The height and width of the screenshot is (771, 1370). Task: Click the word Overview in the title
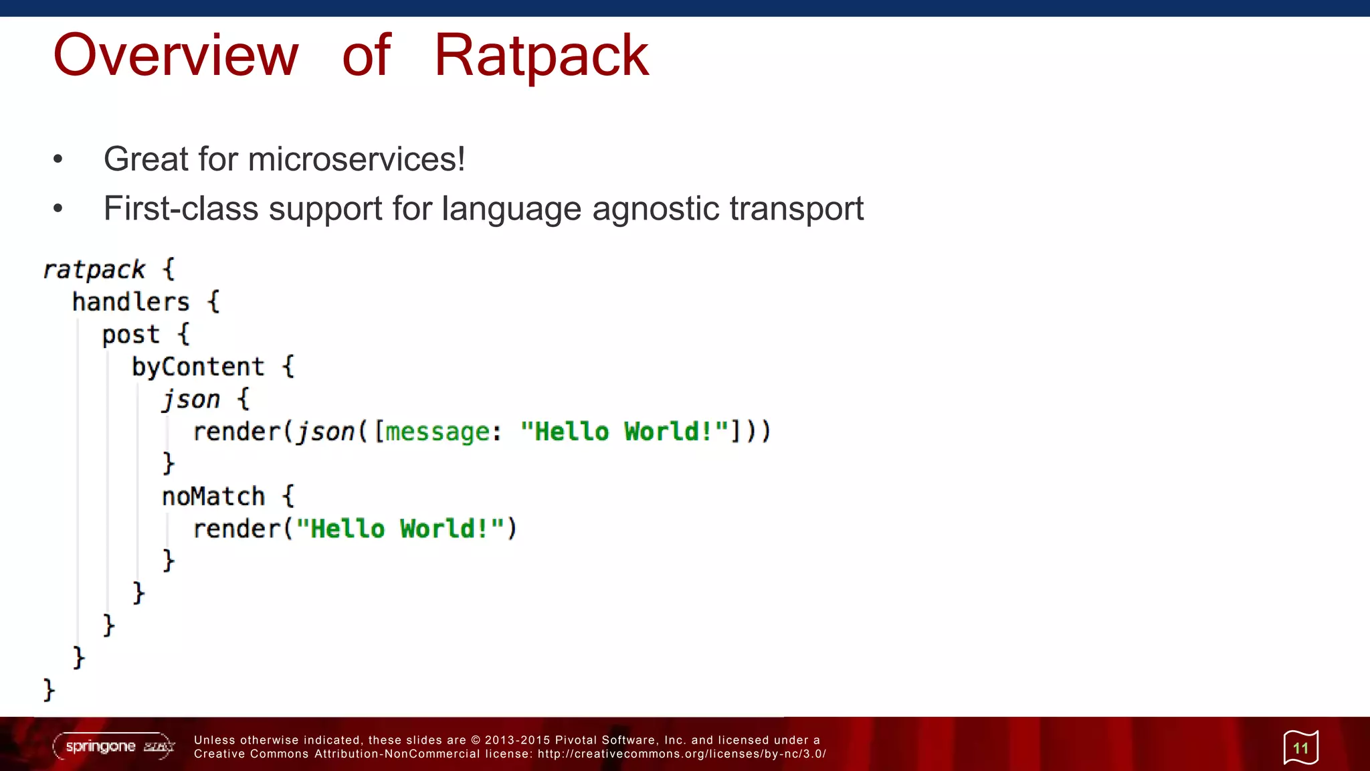[x=175, y=56]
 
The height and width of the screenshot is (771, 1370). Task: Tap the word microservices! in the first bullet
[x=356, y=159]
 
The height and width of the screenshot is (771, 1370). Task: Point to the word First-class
[x=181, y=209]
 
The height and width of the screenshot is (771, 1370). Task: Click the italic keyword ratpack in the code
[x=94, y=270]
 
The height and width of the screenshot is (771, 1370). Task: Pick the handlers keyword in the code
[x=130, y=302]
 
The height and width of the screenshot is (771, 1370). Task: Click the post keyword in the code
[x=130, y=335]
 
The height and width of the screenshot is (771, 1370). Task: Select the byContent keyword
[x=198, y=367]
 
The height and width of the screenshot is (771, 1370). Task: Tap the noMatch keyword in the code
[x=213, y=497]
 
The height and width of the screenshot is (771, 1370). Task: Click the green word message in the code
[x=437, y=432]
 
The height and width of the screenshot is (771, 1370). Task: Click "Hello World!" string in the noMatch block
[x=399, y=529]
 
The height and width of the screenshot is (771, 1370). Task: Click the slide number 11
[x=1300, y=748]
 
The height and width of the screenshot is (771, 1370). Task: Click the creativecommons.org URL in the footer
[x=682, y=754]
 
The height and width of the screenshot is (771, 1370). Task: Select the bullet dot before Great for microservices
[x=58, y=159]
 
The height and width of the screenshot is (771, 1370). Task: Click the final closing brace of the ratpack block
[x=48, y=689]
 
